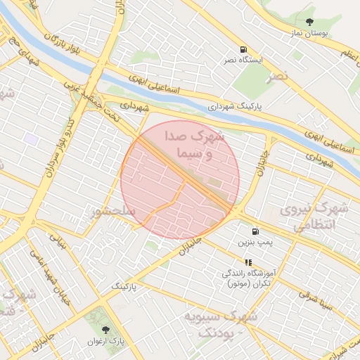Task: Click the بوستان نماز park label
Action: [310, 33]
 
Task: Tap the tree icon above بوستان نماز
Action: [310, 22]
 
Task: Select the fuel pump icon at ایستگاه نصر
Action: [243, 49]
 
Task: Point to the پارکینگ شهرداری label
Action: [239, 106]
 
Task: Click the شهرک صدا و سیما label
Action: [195, 143]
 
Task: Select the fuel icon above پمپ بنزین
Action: [254, 231]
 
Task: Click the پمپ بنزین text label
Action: [254, 243]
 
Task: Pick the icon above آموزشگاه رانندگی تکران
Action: [247, 262]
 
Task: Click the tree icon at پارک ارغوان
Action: [106, 328]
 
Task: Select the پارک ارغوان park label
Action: [106, 341]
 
